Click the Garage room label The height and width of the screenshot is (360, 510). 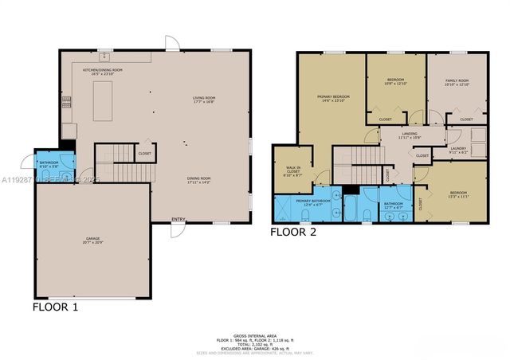(92, 240)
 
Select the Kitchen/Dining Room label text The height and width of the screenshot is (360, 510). (103, 71)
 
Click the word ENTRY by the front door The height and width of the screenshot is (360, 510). (179, 219)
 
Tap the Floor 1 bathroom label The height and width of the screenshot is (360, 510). (49, 164)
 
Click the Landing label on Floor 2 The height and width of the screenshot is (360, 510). (410, 135)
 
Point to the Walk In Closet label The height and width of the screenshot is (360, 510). (292, 172)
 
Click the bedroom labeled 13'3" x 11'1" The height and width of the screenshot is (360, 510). (451, 194)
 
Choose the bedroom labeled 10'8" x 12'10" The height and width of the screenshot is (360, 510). (396, 81)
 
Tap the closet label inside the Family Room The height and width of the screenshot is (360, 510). (466, 119)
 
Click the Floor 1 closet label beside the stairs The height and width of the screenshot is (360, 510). (144, 153)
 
